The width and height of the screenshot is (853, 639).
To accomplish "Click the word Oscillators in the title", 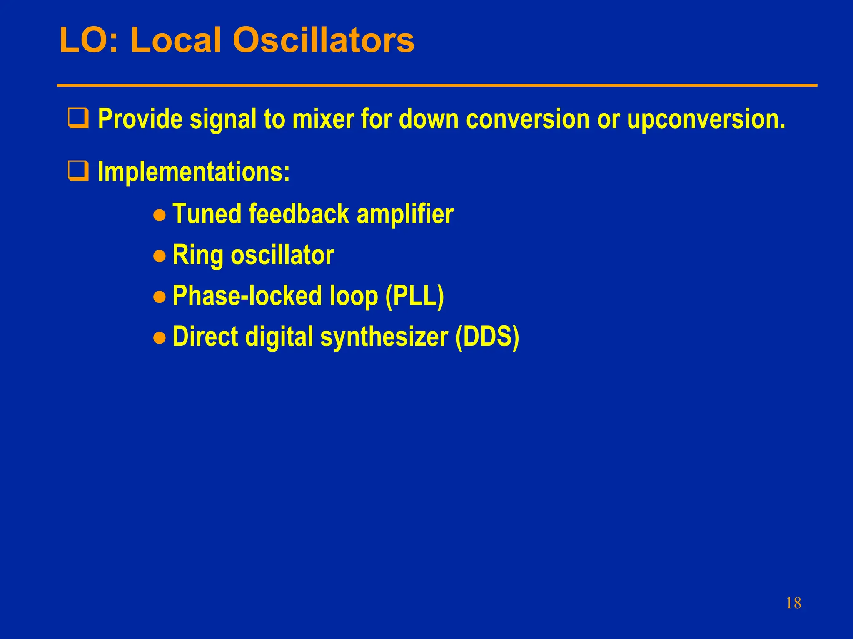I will (x=323, y=40).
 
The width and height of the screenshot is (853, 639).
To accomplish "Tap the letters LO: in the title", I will (x=89, y=40).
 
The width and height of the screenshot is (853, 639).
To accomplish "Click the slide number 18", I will (x=793, y=603).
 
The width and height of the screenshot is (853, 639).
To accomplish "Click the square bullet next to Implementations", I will (x=78, y=171).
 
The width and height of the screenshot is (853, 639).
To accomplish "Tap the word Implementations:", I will (x=194, y=171).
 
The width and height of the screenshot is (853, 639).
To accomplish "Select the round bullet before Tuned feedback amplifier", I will (x=160, y=215).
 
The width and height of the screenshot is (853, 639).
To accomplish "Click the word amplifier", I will (x=405, y=214).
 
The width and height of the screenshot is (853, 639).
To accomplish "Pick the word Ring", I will (x=198, y=255).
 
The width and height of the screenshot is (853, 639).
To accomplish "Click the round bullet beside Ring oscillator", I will (x=160, y=256).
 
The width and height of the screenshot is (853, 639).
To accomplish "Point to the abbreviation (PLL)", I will (x=414, y=296).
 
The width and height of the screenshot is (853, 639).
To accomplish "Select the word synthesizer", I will (x=384, y=337).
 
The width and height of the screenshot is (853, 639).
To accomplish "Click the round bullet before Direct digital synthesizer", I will (x=160, y=338).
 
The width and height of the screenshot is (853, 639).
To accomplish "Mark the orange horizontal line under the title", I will (x=437, y=85).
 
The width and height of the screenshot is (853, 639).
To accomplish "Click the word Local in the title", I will (x=175, y=40).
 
